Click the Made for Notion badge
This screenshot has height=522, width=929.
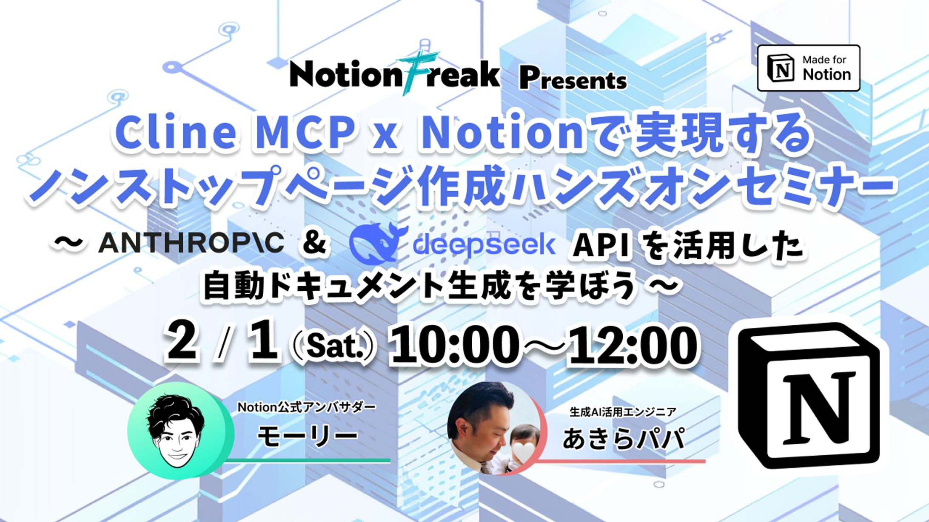click(808, 68)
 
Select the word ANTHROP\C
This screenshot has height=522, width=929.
click(191, 243)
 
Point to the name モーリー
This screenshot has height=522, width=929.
click(307, 436)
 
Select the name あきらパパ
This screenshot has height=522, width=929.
click(623, 438)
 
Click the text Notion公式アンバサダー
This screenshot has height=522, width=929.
click(306, 407)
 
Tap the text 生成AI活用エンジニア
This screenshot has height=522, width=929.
click(623, 411)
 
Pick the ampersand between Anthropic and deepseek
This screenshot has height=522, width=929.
click(314, 243)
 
